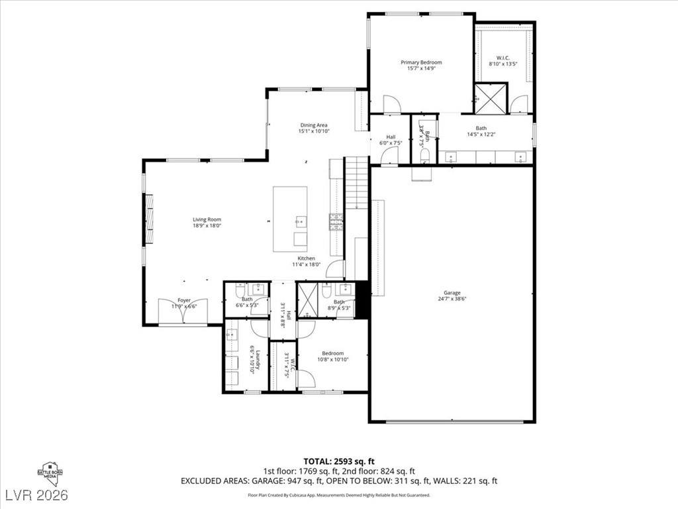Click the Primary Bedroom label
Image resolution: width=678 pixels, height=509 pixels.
(421, 62)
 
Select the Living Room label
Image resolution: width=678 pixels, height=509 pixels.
(207, 219)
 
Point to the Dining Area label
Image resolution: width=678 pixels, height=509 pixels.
(314, 125)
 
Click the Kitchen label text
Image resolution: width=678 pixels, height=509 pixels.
(306, 258)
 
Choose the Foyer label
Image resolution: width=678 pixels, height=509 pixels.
(183, 300)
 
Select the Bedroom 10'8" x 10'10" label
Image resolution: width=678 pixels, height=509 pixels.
(332, 353)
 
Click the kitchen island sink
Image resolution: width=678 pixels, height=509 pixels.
(301, 221)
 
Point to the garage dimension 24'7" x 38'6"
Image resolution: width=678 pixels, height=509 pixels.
(452, 300)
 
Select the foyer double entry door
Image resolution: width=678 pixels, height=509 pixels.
(183, 311)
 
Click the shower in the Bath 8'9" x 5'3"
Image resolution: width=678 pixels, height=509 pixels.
(307, 300)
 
